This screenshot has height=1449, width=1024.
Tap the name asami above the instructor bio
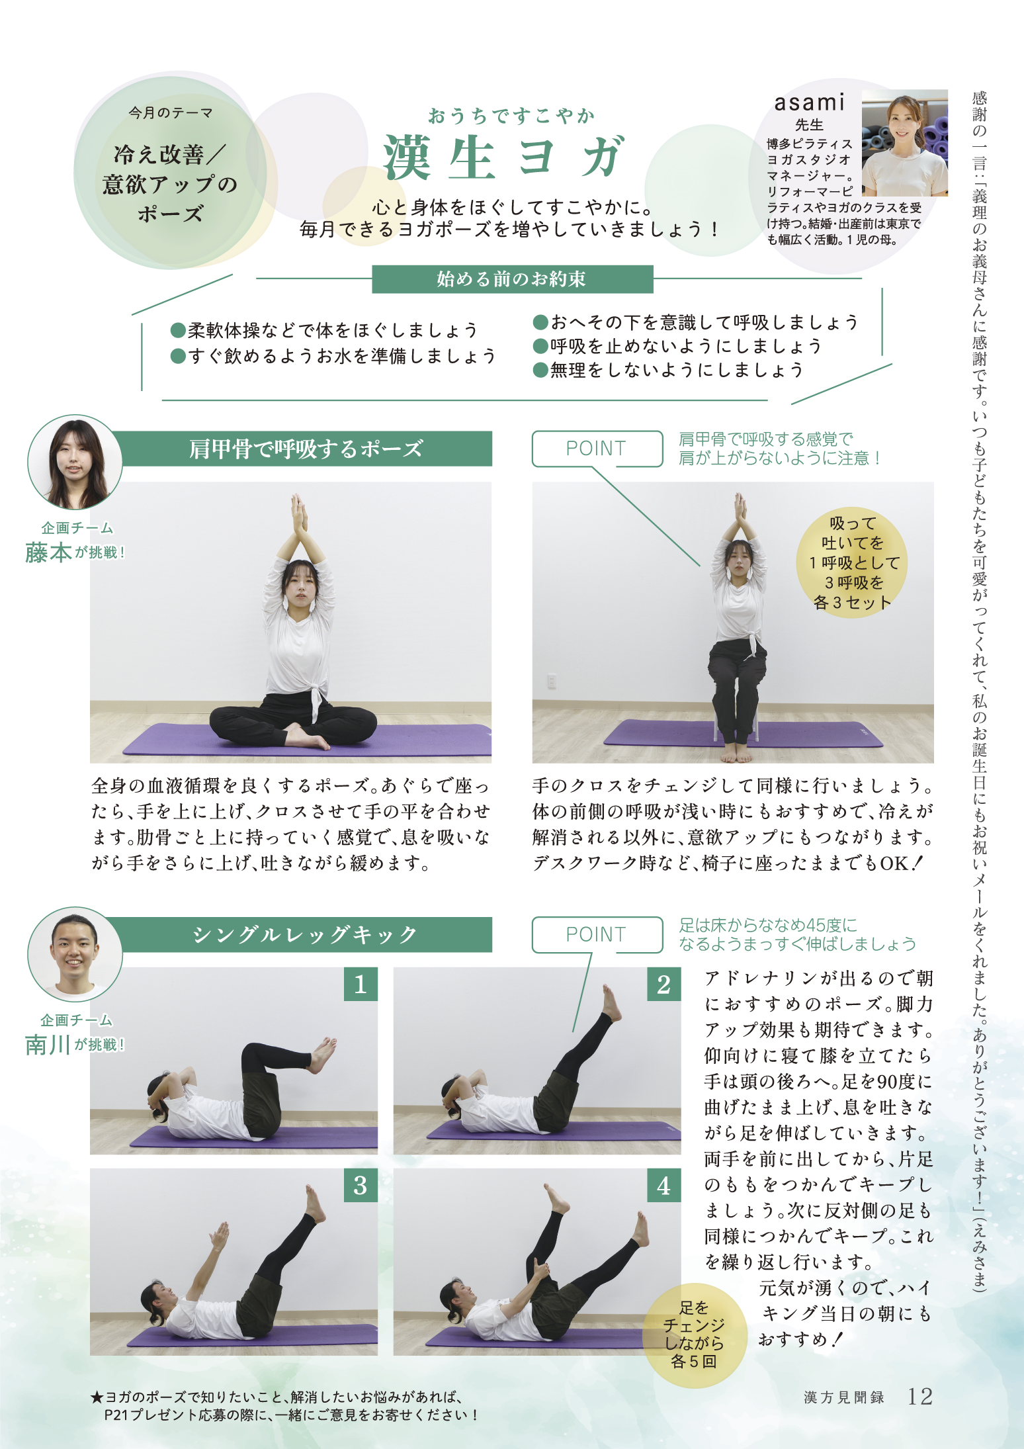(x=810, y=102)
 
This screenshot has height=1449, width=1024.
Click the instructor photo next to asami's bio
(x=904, y=143)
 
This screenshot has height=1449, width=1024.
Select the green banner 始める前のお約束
(x=512, y=279)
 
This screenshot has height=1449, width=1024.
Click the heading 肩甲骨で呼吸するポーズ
(x=306, y=449)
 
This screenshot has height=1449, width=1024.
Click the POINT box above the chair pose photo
(x=597, y=449)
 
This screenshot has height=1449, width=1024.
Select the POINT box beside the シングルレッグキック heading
(x=597, y=934)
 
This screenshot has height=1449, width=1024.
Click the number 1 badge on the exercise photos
(x=361, y=985)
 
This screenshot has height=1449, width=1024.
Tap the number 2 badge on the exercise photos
(x=664, y=985)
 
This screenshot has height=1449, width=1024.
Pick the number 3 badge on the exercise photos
(x=361, y=1185)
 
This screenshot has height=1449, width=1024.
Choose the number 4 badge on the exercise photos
(x=664, y=1185)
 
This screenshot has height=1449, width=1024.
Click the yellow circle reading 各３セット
(x=852, y=563)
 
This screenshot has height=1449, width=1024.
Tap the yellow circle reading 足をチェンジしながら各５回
(x=694, y=1335)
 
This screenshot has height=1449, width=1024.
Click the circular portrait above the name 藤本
(x=75, y=462)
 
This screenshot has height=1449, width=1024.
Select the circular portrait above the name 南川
(x=75, y=954)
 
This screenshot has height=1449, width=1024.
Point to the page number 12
(x=920, y=1396)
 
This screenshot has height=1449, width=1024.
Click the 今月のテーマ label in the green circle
(x=171, y=113)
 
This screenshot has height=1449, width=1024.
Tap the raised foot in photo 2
(x=611, y=1002)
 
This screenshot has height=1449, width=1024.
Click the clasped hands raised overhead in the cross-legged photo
(x=299, y=513)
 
